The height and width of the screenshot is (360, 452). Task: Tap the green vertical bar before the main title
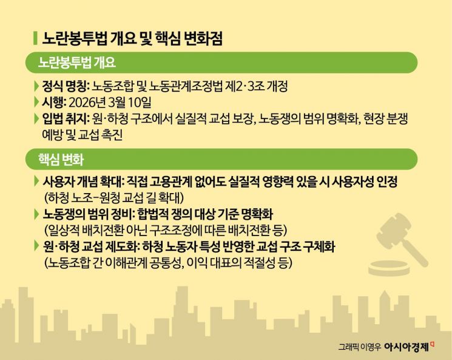[35, 39]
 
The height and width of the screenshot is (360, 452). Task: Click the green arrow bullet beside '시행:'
[37, 101]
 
